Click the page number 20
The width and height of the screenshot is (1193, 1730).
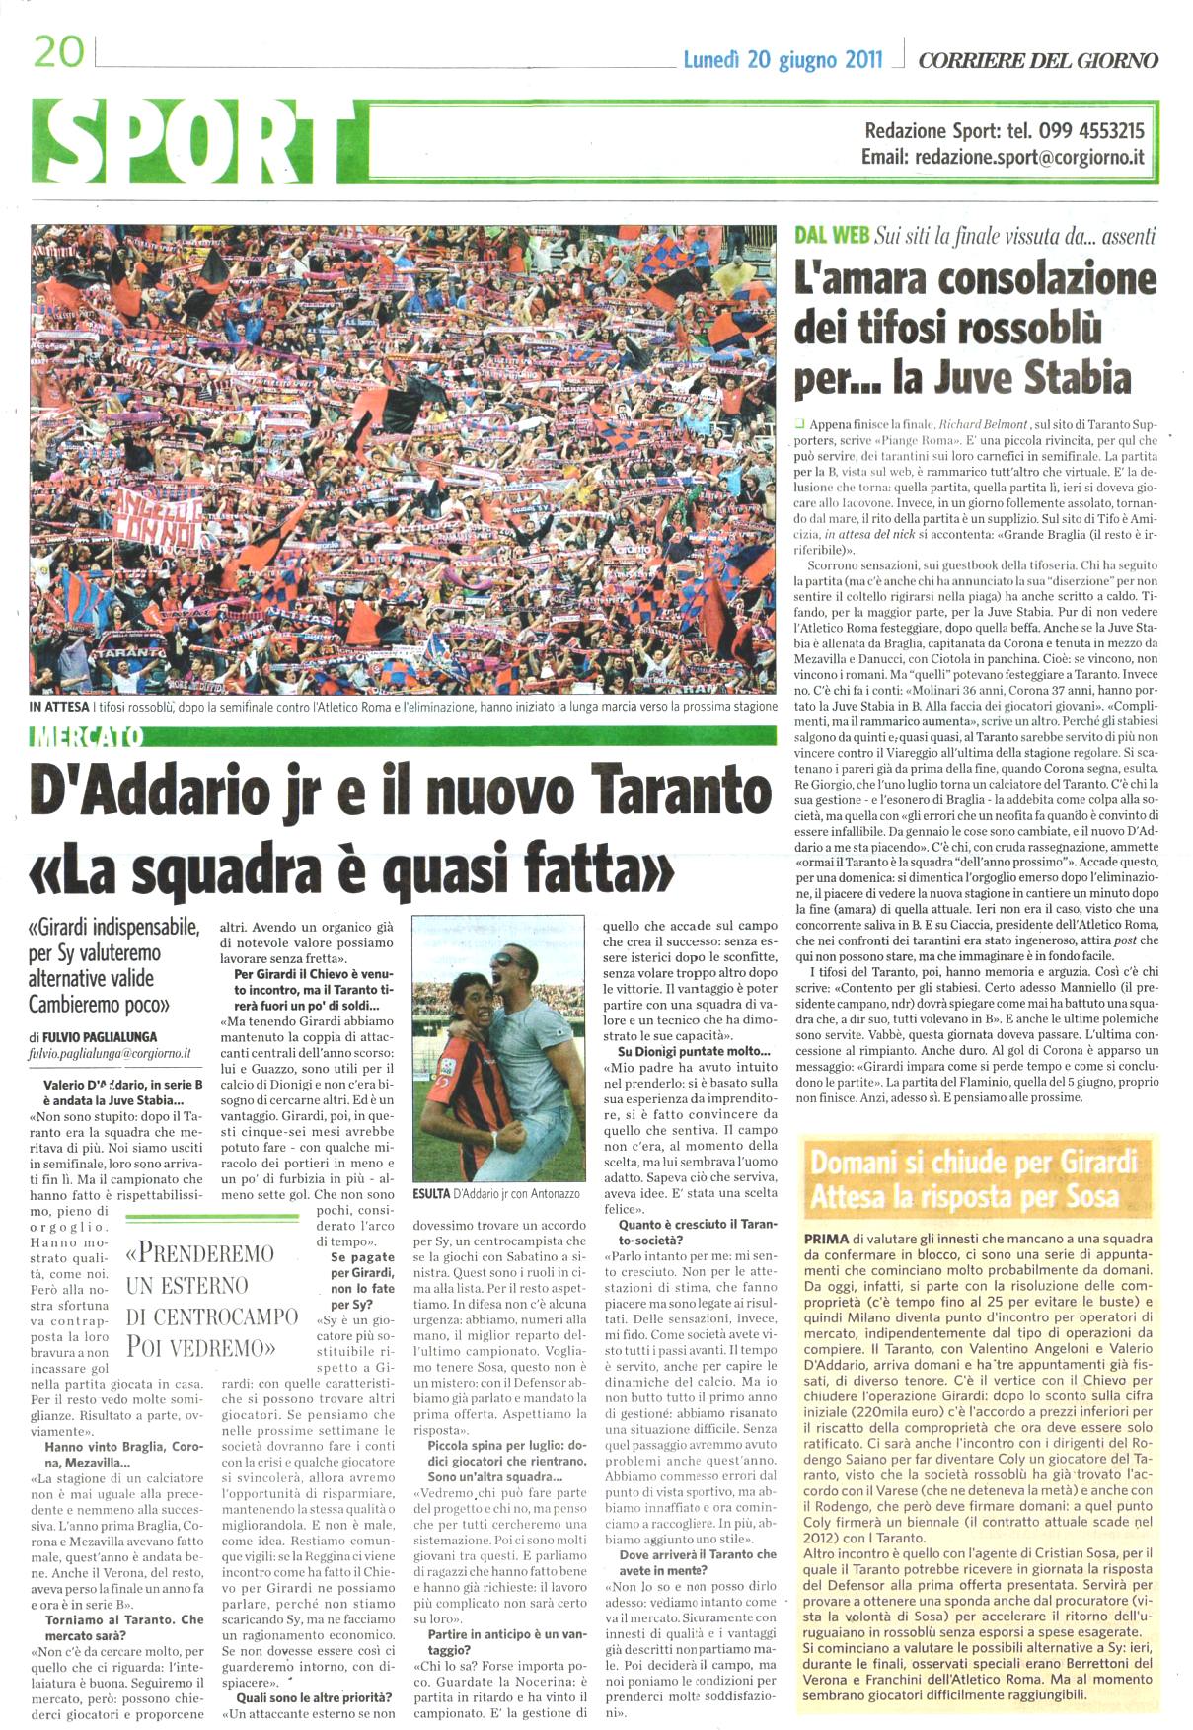point(59,51)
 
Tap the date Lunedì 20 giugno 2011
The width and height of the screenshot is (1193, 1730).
point(783,60)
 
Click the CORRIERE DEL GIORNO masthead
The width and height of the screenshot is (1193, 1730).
point(1038,60)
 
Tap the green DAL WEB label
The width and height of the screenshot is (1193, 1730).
point(832,235)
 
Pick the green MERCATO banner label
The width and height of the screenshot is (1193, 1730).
point(88,736)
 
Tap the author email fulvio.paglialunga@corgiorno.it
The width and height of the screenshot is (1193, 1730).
point(111,1054)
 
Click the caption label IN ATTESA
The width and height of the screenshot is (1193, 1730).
point(61,707)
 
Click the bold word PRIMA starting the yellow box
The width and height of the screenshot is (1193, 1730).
point(827,1239)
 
